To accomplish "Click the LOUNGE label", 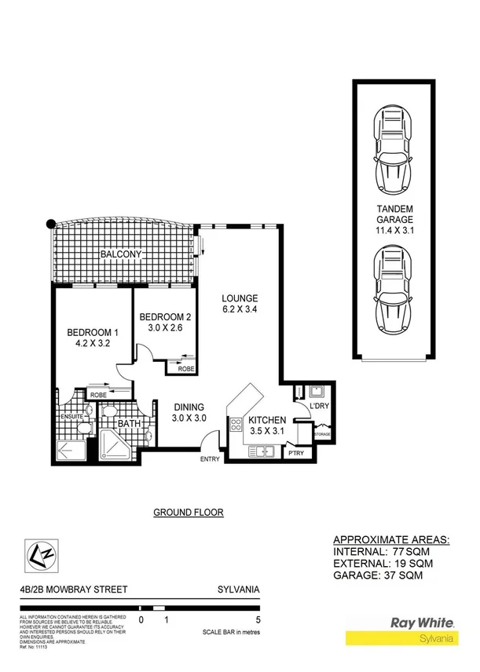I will [x=240, y=298].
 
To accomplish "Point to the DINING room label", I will [x=189, y=407].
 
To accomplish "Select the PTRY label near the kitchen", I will [x=295, y=453].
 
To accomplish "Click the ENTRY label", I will [x=210, y=459].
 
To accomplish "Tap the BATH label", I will [x=129, y=424].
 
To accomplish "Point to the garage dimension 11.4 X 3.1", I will [x=396, y=232].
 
